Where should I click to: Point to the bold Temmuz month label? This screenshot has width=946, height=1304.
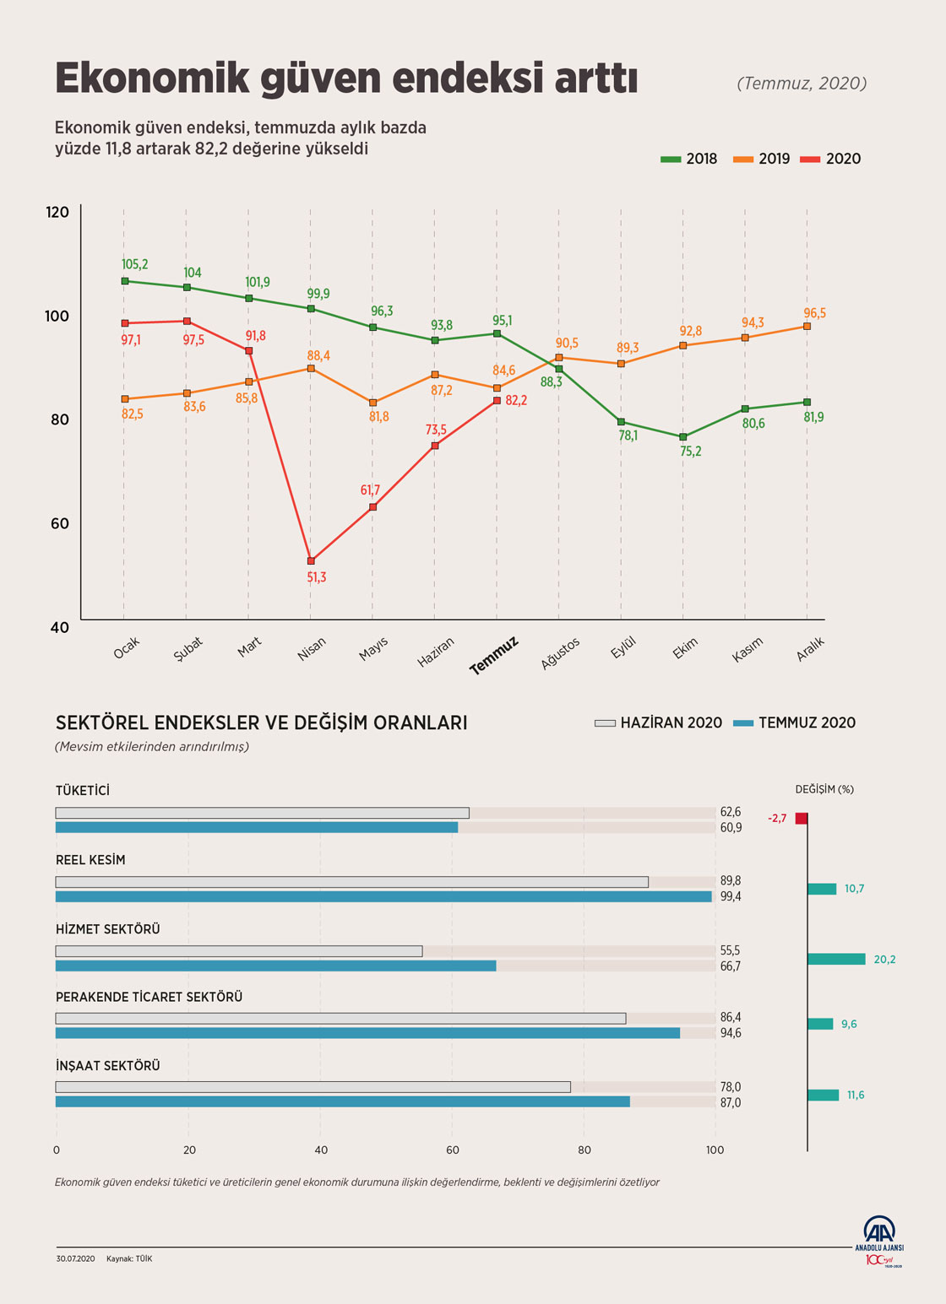click(x=493, y=656)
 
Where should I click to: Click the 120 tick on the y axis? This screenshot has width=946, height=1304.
click(x=57, y=212)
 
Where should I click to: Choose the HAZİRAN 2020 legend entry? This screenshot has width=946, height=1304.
click(x=659, y=722)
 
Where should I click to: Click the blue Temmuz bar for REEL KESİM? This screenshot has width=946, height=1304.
click(x=383, y=896)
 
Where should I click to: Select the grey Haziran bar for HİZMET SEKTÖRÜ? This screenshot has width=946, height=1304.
click(x=239, y=951)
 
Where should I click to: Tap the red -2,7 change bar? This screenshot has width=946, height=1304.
click(x=802, y=819)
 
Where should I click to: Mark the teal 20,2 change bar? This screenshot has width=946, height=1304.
click(x=836, y=959)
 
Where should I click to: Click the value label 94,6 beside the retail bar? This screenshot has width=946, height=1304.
click(x=731, y=1033)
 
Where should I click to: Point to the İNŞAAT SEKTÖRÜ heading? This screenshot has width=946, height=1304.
click(x=107, y=1066)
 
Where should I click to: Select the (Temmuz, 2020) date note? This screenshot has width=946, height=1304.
click(x=802, y=83)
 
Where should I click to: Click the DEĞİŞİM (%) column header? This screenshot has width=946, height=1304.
click(x=824, y=789)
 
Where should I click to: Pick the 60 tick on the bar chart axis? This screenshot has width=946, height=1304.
click(x=453, y=1150)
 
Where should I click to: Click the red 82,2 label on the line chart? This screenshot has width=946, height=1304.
click(x=516, y=400)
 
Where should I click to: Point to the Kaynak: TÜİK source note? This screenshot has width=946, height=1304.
click(x=129, y=1258)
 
